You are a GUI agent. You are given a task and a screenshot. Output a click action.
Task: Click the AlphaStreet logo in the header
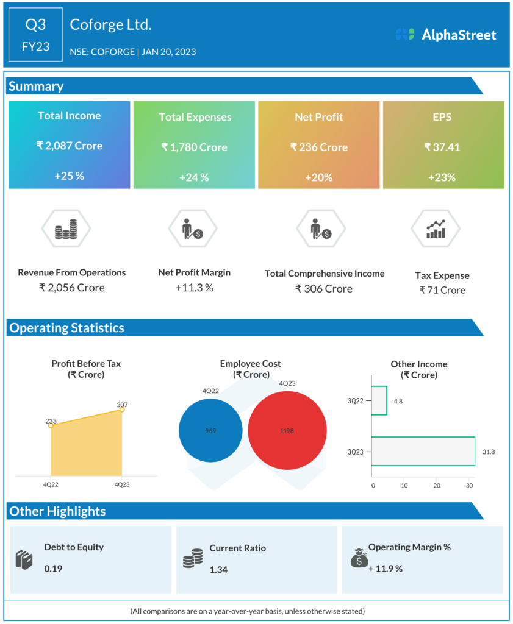coord(446,35)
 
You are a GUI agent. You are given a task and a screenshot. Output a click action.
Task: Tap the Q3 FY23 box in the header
coord(35,35)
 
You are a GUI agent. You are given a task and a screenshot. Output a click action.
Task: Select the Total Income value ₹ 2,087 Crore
coord(69,146)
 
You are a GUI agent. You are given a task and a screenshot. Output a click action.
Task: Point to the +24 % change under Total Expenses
coord(194,177)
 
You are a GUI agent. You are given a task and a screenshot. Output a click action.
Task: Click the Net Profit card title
coord(319,116)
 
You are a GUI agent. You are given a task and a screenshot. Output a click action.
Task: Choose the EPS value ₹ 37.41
coord(443,147)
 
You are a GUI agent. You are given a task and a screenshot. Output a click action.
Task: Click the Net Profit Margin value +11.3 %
coord(194,288)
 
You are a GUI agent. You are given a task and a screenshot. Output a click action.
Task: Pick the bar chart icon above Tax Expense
coord(436,229)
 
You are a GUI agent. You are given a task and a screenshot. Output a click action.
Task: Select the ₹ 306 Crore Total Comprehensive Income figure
coord(324,288)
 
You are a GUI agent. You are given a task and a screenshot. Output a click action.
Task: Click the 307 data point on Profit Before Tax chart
coord(122,409)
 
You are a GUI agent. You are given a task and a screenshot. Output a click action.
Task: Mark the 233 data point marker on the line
coord(51,425)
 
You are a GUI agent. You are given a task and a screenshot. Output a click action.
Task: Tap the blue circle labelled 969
coord(210,431)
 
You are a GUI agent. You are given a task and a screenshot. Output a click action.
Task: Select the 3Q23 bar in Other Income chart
coord(423,451)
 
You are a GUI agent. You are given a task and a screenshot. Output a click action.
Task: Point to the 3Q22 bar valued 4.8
coord(379,400)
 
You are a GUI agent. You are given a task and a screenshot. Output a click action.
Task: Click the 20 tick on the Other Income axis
coord(437,486)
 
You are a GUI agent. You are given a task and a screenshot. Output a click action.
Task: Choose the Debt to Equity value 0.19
coord(53,569)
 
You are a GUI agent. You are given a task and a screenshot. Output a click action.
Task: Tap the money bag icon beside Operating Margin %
coord(359,557)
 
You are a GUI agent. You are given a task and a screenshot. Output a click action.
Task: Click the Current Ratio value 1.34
coord(218,569)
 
